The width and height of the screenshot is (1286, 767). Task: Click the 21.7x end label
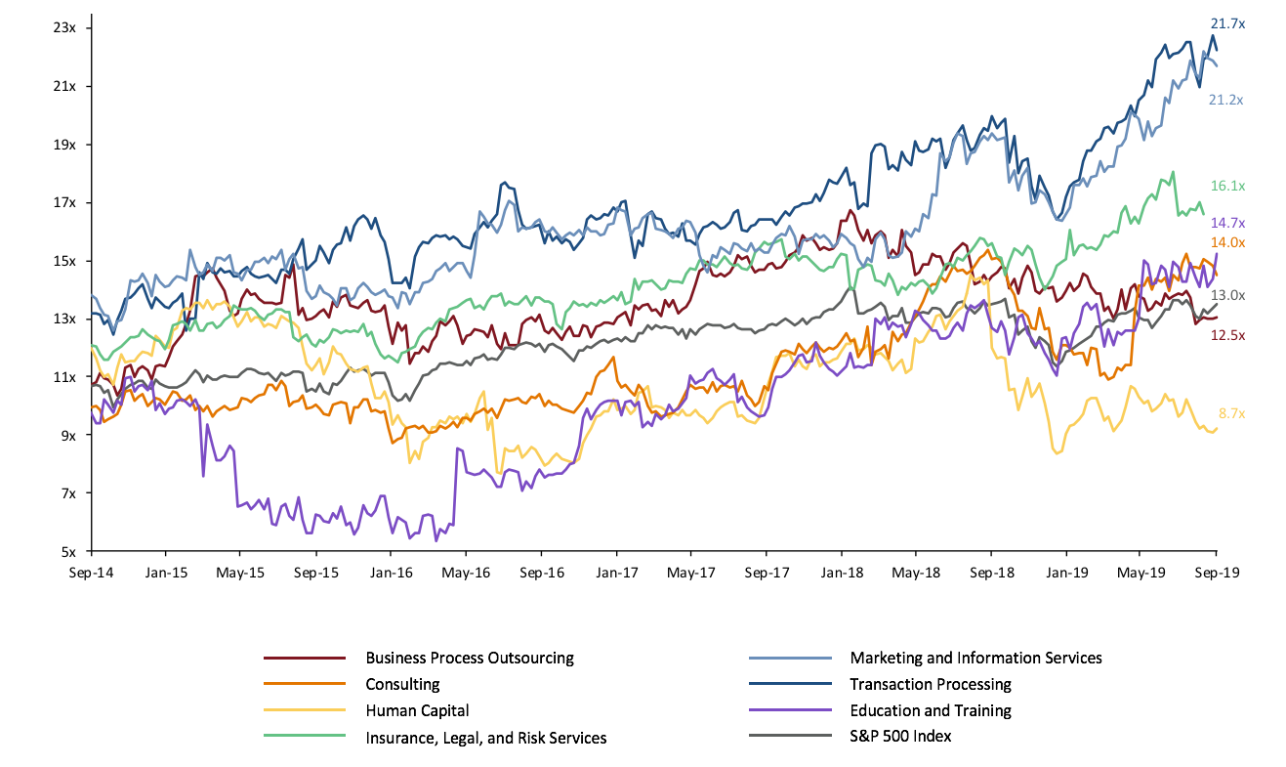point(1226,22)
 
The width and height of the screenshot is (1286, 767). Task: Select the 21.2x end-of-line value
point(1226,100)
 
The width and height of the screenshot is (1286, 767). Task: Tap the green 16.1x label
point(1226,186)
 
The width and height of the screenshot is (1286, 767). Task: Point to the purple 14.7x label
point(1226,223)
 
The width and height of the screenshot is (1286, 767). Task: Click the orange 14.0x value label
point(1226,242)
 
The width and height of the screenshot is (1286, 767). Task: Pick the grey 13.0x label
point(1226,295)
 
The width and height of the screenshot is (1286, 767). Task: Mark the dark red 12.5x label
point(1226,335)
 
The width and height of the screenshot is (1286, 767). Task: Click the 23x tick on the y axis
point(64,28)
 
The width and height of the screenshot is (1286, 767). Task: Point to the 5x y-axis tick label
point(68,551)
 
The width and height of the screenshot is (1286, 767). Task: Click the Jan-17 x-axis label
point(617,574)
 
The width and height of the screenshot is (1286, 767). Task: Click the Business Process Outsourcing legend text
point(469,658)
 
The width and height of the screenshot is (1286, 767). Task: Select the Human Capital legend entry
point(417,711)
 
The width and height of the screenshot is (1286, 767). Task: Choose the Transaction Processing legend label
point(930,684)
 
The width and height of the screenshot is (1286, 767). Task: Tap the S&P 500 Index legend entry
point(899,736)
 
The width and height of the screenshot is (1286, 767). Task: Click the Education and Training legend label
point(930,710)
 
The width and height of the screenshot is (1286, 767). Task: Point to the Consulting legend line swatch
point(305,684)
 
